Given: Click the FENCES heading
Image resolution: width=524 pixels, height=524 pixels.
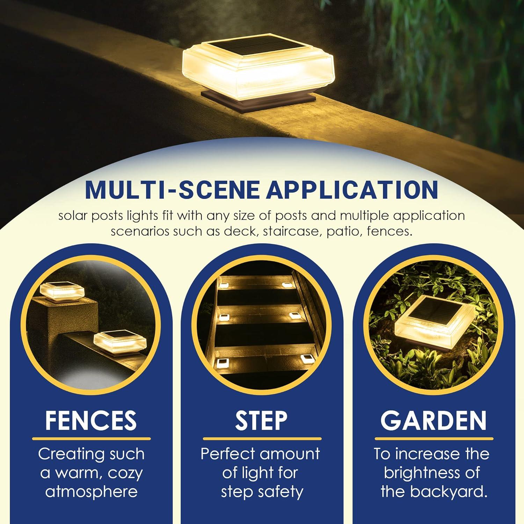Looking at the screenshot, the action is [x=91, y=420].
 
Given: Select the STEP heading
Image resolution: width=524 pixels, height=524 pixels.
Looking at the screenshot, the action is [x=261, y=420].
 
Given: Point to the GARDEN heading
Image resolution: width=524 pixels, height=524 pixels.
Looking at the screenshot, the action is [x=433, y=420].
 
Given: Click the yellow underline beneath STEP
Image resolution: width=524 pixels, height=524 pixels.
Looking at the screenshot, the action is [x=262, y=439].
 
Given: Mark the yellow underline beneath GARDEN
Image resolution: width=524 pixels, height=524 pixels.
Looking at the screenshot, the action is [x=434, y=439].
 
